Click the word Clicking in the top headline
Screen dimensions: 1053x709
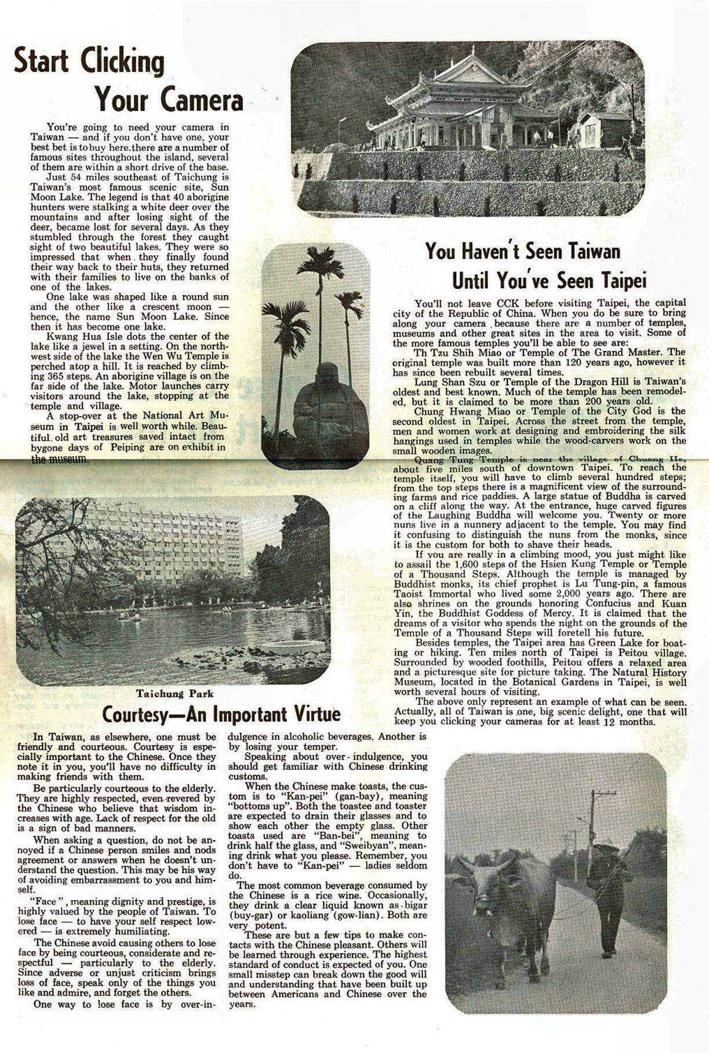[x=122, y=61]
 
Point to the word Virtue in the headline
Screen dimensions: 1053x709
[x=313, y=714]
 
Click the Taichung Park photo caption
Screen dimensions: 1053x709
[x=174, y=693]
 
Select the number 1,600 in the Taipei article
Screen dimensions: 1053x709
[x=471, y=564]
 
